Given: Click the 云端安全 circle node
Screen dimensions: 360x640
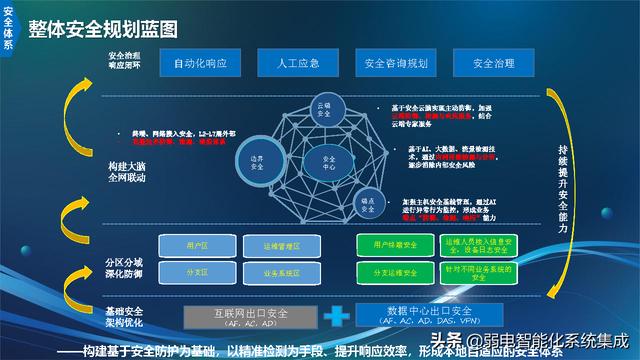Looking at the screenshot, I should click(x=324, y=109).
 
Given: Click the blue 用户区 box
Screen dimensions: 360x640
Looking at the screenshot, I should click(x=197, y=245).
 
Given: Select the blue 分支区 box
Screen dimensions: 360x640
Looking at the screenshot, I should click(x=197, y=271).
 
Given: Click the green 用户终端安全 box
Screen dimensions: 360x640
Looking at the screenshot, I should click(x=394, y=245).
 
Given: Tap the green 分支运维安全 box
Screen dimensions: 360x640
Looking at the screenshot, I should click(x=394, y=271).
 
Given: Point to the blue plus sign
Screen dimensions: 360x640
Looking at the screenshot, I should click(x=337, y=315).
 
